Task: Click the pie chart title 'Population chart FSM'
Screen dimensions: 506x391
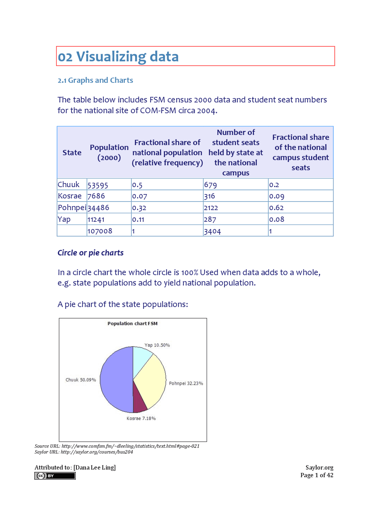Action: (133, 324)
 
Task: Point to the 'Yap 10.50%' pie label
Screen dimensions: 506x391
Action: (157, 345)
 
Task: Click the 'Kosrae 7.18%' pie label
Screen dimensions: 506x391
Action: (141, 418)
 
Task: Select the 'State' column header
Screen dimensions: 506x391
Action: (72, 152)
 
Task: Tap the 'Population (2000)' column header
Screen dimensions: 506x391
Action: (109, 152)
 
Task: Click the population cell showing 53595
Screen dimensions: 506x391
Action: (98, 185)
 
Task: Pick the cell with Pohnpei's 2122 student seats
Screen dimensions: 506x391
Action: (211, 208)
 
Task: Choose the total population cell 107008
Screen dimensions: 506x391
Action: (100, 231)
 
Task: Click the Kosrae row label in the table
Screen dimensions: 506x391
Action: (70, 196)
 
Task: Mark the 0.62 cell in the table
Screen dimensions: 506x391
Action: (276, 208)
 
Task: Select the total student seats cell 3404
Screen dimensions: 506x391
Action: (212, 231)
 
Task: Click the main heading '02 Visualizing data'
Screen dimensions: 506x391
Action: (118, 57)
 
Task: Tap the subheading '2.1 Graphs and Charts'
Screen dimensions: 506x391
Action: (95, 80)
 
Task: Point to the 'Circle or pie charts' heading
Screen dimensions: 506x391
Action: (90, 253)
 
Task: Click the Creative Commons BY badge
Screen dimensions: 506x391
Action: (55, 476)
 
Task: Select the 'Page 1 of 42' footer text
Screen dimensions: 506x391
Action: (316, 475)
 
